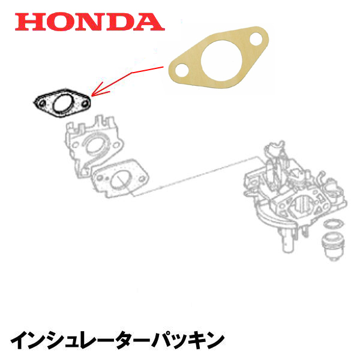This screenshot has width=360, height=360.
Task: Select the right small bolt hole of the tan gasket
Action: [254, 43]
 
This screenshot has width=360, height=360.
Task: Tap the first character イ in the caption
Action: [23, 340]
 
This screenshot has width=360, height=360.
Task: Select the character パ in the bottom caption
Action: [157, 340]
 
